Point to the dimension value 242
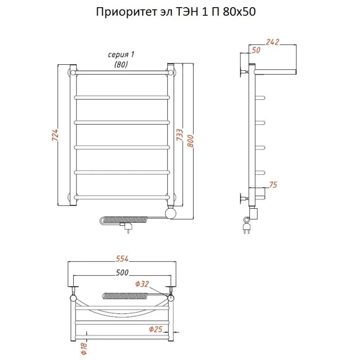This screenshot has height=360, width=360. pos(272,42)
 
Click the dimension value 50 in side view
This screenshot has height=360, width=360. pos(256,50)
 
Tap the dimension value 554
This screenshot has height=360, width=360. pos(122,258)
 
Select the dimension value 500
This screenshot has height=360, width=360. pos(122,272)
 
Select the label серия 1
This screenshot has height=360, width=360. pos(121,54)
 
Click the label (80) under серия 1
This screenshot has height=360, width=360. pos(121,64)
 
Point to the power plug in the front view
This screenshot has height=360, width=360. pos(127,229)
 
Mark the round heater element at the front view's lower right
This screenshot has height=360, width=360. pos(171,212)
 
